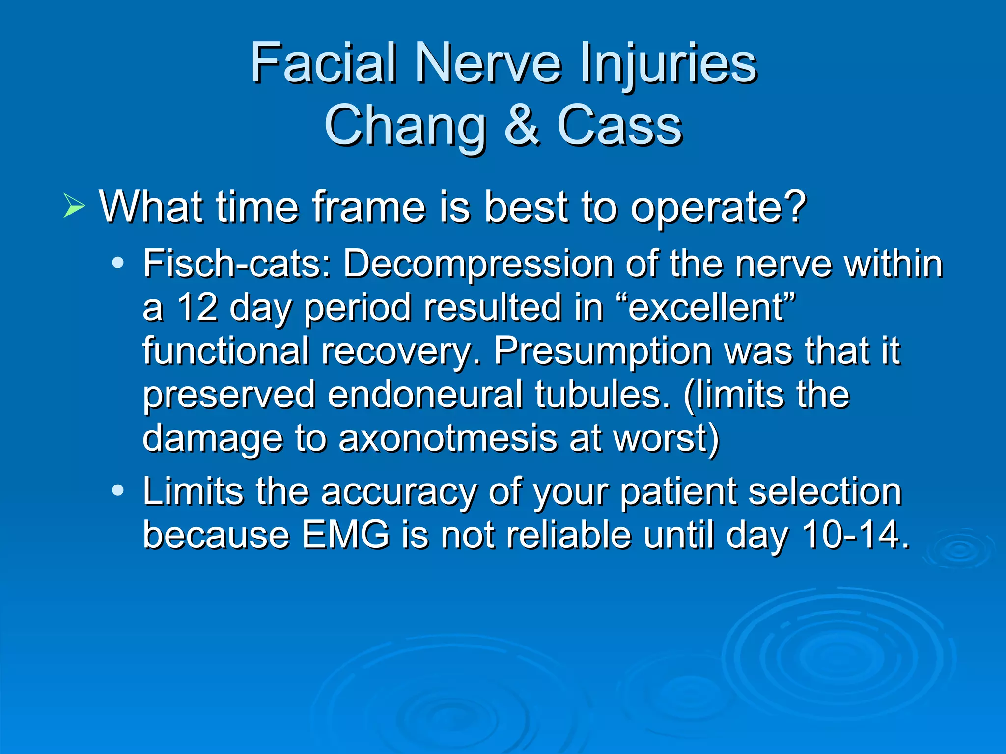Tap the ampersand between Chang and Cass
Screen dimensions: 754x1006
point(522,126)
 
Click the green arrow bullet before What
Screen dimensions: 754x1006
point(74,206)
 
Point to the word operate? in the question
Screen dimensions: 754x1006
point(718,208)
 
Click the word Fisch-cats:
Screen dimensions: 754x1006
point(237,264)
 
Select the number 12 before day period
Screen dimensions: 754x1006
point(197,308)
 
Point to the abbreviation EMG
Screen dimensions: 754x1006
point(345,535)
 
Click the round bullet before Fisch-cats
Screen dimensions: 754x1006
point(118,264)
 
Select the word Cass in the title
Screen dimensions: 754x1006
point(619,126)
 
